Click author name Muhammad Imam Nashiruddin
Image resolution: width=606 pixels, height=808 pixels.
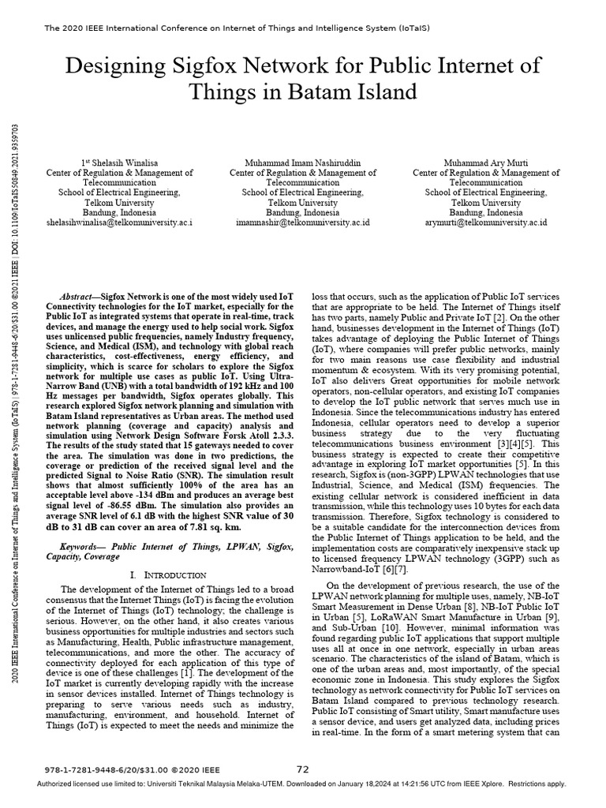(303, 163)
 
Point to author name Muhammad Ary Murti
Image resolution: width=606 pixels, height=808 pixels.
(481, 163)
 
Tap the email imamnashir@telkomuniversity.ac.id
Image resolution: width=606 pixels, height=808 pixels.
(303, 223)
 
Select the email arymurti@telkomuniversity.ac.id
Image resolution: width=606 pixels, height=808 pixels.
(481, 223)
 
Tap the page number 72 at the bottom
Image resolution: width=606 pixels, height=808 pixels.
(303, 769)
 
